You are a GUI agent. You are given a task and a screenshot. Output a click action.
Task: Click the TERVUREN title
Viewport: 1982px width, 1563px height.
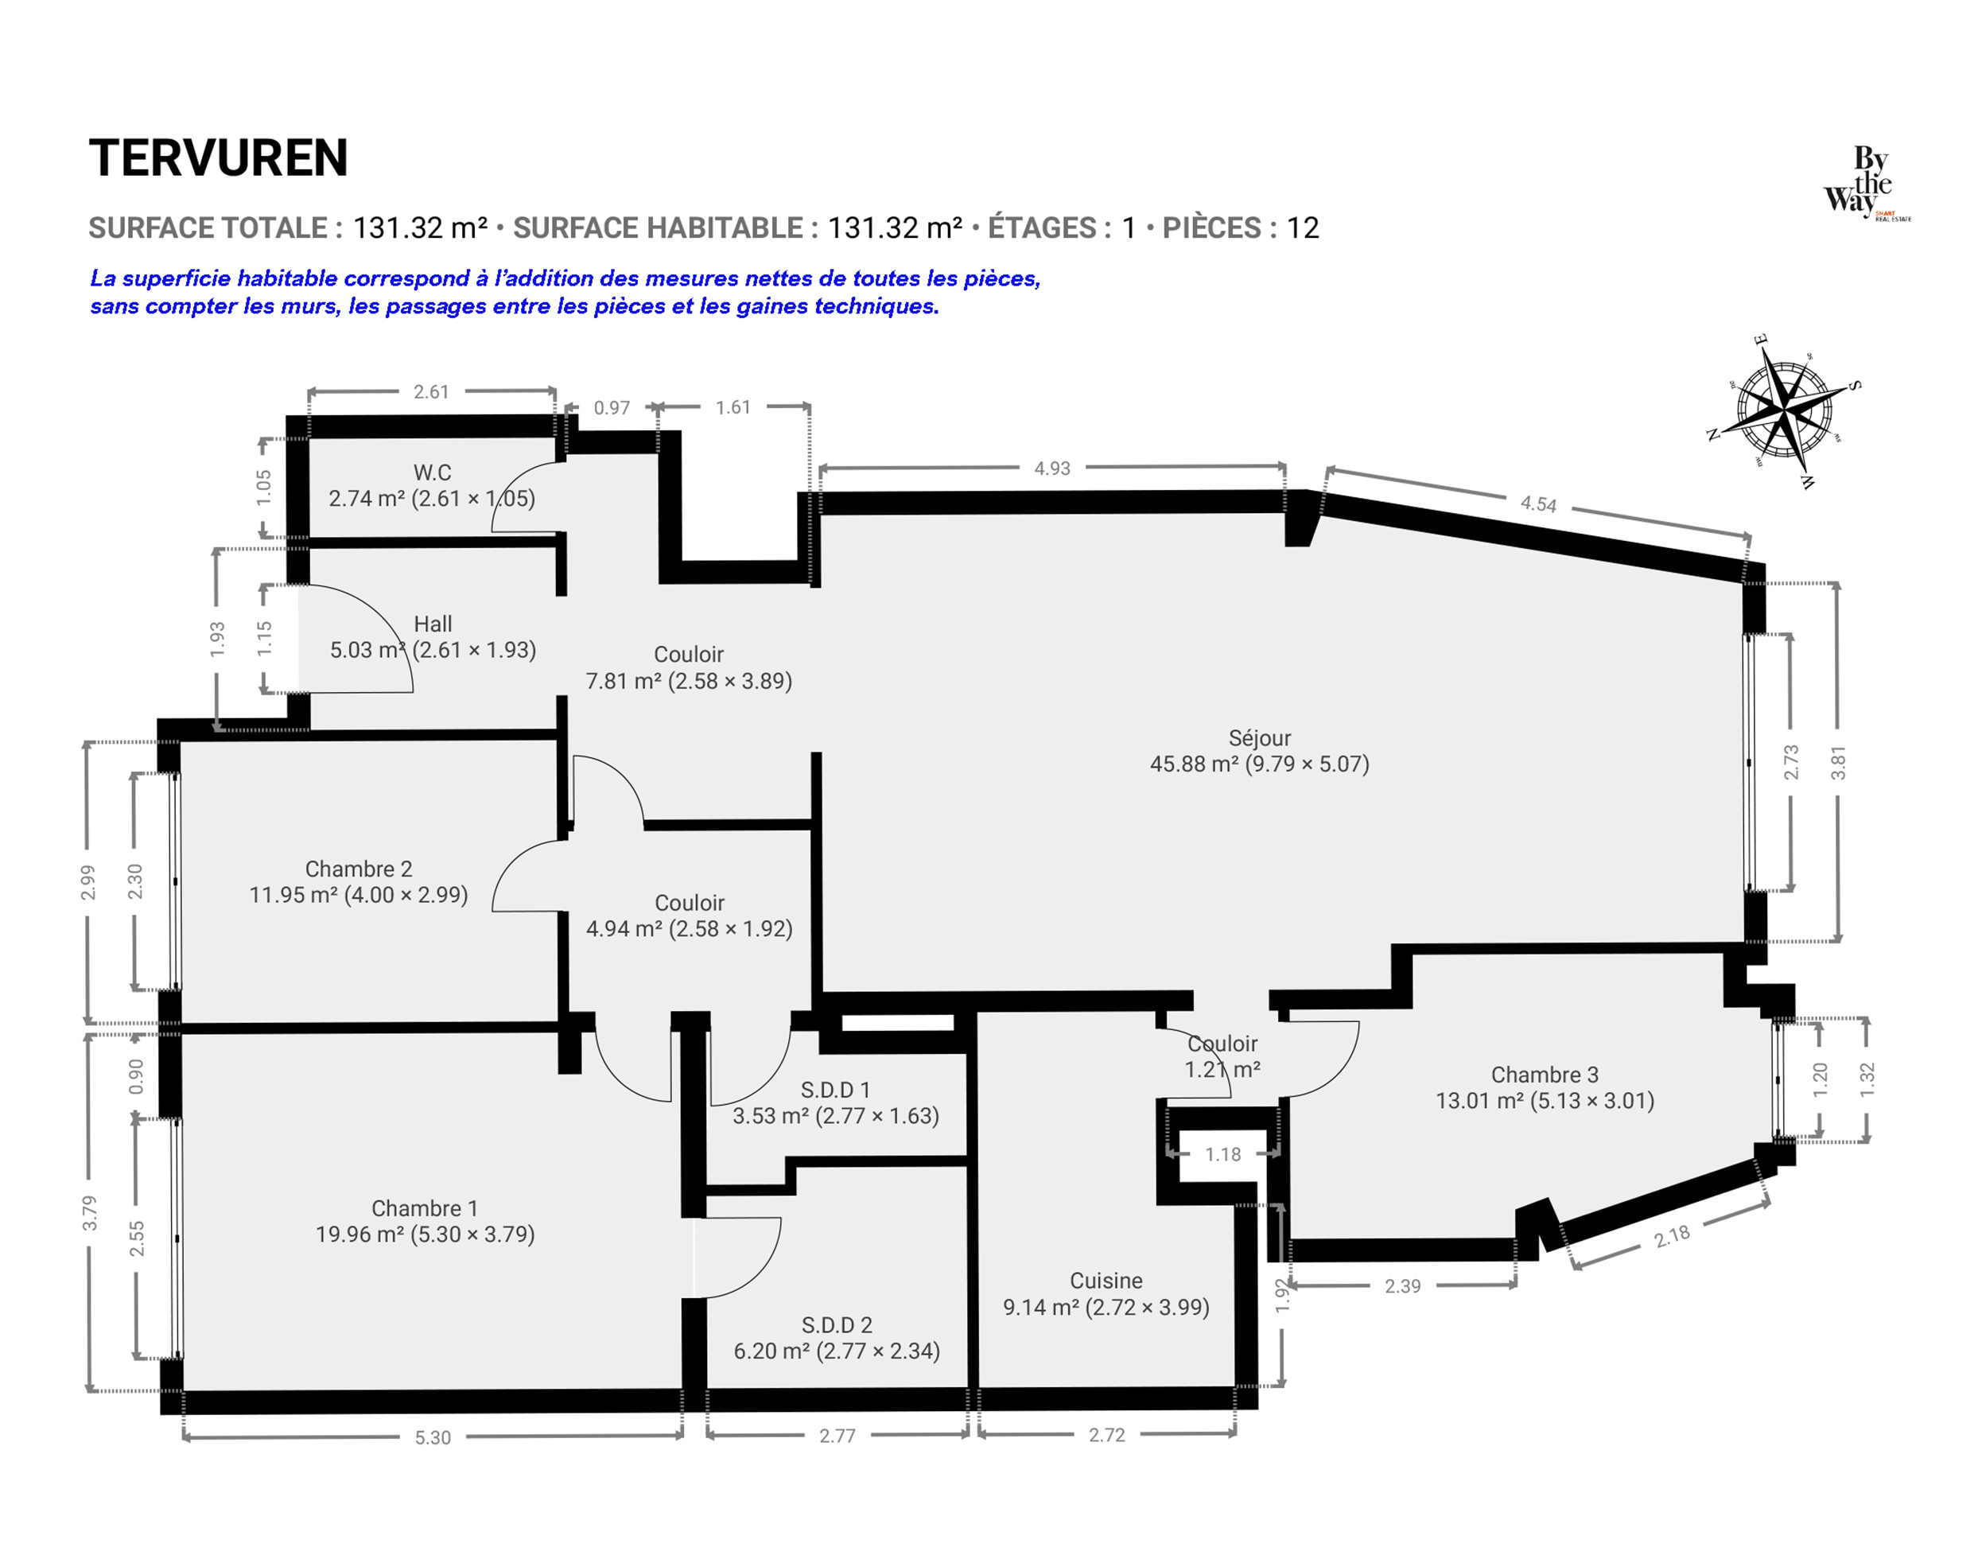[218, 158]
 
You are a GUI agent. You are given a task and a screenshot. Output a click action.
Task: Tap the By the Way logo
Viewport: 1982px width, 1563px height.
[1867, 182]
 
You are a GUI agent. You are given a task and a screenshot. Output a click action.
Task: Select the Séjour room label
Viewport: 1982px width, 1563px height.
[1259, 738]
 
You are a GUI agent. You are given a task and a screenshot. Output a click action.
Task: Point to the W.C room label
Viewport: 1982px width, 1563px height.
[432, 473]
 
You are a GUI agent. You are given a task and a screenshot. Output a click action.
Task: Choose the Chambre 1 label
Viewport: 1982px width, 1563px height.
[425, 1209]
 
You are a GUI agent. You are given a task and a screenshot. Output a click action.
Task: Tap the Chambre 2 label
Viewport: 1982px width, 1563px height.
[359, 869]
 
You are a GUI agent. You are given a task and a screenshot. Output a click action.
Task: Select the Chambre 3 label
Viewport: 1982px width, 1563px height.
[1545, 1075]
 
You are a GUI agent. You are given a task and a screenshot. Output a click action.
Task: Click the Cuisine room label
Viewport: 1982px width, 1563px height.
[1106, 1281]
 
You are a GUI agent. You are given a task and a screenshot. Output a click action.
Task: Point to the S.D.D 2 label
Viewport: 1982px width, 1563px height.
[837, 1325]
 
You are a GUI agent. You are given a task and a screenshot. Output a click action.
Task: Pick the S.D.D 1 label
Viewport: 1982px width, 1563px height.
[835, 1090]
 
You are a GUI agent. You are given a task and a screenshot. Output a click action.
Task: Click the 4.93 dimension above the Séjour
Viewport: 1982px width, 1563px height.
[1051, 469]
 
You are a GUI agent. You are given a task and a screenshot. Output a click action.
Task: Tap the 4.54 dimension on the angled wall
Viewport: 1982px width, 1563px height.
[1538, 504]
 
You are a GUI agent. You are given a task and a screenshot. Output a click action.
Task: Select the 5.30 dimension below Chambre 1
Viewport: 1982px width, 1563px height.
[433, 1437]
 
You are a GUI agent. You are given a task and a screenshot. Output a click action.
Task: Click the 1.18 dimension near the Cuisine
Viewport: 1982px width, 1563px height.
[1222, 1155]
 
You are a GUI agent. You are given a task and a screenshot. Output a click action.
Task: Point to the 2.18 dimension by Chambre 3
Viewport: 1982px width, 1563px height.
[1672, 1237]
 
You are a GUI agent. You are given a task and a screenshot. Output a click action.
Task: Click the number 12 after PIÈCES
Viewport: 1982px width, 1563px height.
[1303, 227]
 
